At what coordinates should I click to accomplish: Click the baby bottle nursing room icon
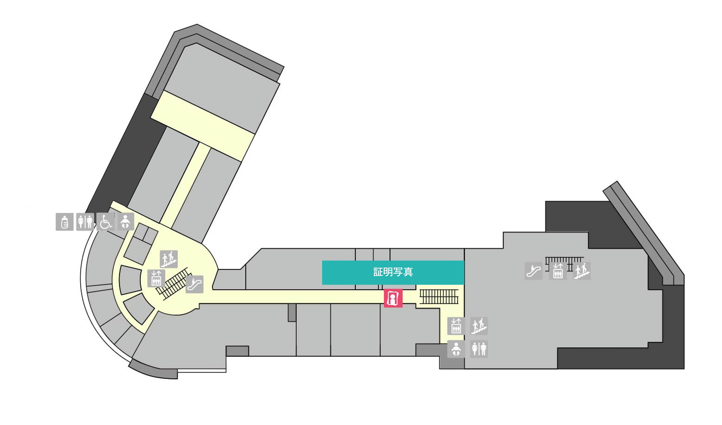65,222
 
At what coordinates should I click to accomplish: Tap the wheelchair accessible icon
105,222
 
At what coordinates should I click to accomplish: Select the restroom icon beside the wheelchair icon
85,222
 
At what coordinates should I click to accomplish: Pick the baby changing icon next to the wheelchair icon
126,221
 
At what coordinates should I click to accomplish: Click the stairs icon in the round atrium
169,259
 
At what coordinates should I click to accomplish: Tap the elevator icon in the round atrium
156,278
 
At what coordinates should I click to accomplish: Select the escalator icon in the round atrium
194,284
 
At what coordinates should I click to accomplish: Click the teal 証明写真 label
393,272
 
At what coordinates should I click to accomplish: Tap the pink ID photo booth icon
393,298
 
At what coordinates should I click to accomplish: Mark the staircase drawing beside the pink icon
439,297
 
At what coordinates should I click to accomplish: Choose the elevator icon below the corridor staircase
456,326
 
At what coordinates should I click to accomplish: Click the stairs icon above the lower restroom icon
479,326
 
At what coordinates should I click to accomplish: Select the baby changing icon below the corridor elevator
456,349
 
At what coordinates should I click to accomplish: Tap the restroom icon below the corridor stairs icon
479,349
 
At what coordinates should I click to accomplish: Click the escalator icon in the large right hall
533,271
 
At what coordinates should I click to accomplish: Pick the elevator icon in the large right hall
558,271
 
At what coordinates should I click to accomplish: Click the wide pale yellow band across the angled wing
203,126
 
